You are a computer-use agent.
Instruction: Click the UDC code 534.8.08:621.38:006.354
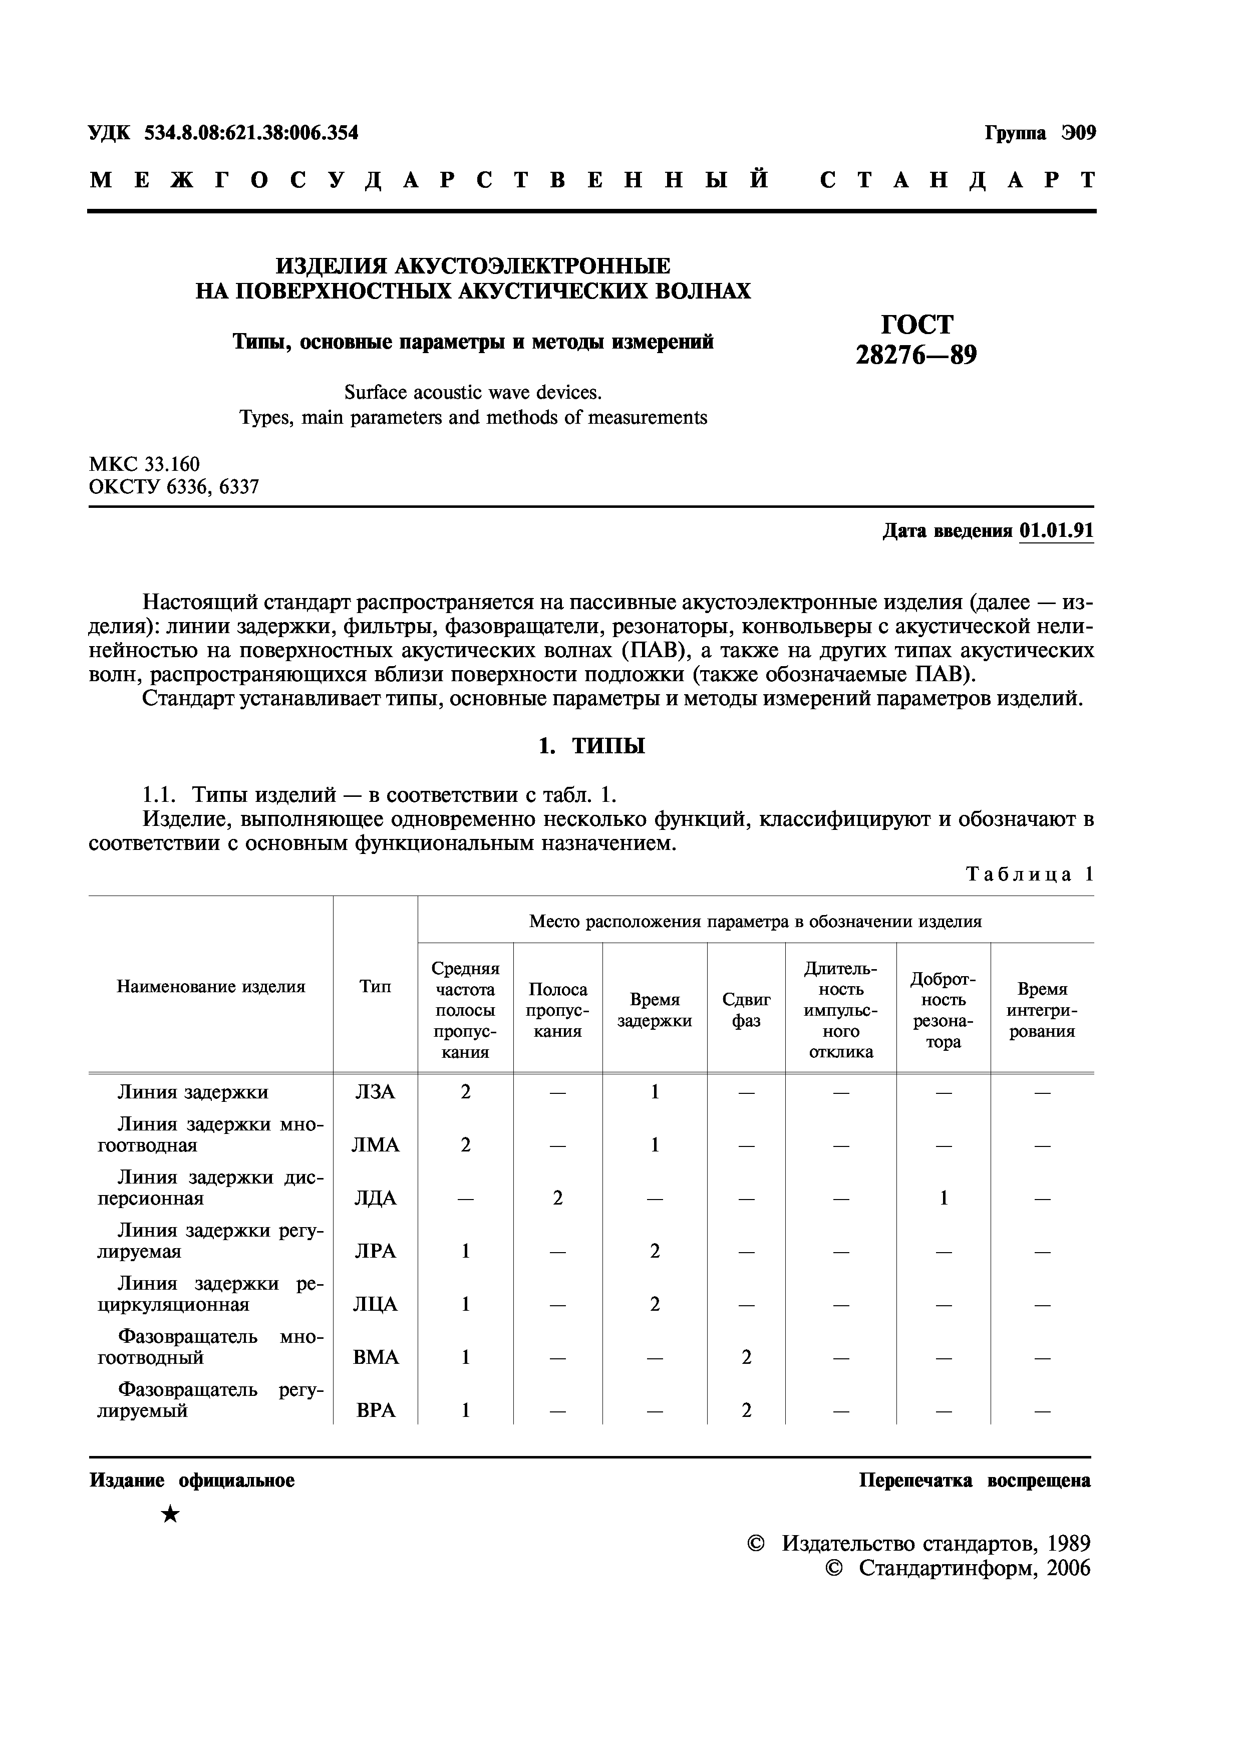coord(250,133)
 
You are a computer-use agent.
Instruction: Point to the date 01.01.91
coord(1056,531)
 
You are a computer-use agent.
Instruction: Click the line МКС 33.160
coord(145,464)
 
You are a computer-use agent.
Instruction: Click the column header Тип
coord(375,987)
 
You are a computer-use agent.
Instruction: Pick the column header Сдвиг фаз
coord(746,1010)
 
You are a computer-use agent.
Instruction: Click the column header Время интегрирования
coord(1042,1010)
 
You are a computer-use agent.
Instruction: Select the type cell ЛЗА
coord(375,1093)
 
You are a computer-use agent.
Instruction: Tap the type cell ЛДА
coord(375,1199)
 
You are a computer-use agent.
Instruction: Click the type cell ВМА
coord(375,1357)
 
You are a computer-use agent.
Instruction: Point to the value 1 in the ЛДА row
coord(943,1199)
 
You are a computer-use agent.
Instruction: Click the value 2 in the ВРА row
coord(746,1410)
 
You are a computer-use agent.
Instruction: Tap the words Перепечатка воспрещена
coord(974,1481)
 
